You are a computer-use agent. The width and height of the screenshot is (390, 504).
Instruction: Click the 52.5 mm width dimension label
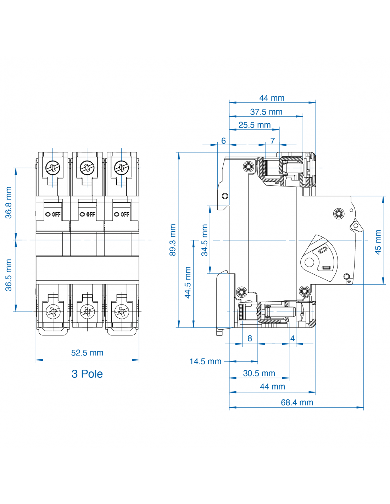coord(87,353)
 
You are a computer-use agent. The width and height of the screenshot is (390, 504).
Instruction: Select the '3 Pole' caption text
coord(87,374)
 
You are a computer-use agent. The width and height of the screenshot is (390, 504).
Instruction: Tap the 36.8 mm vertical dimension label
coord(9,203)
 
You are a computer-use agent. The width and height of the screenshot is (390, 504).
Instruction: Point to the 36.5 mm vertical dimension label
coord(9,275)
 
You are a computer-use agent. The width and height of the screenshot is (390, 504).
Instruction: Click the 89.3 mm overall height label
coord(173,240)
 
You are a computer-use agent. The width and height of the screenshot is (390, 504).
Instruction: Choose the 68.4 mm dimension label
coord(297,403)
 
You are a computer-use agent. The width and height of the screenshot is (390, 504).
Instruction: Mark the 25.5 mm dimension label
coord(254,125)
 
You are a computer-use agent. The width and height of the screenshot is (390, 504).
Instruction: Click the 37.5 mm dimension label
coord(266,112)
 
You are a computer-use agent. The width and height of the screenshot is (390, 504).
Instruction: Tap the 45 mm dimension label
coord(378,242)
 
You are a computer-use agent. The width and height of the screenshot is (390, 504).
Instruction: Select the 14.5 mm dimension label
coord(205,362)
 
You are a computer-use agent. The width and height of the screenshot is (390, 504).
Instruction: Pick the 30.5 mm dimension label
coord(259,373)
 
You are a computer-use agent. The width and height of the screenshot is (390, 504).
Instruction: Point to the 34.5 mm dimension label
coord(205,240)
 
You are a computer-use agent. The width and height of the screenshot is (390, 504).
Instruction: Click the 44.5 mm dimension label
coord(188,282)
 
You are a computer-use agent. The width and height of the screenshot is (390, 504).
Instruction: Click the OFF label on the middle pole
coord(88,214)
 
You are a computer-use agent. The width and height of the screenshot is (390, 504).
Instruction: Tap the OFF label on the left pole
coord(53,214)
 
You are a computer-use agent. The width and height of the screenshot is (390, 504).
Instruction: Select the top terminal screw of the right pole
coord(121,167)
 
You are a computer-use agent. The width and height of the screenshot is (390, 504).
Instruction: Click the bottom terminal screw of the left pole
coord(53,312)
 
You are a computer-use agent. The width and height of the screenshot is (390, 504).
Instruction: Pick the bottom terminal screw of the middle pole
coord(87,312)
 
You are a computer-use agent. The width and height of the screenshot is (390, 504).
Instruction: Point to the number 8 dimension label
coord(250,338)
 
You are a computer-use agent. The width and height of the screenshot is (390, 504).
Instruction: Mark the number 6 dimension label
coord(223,141)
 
